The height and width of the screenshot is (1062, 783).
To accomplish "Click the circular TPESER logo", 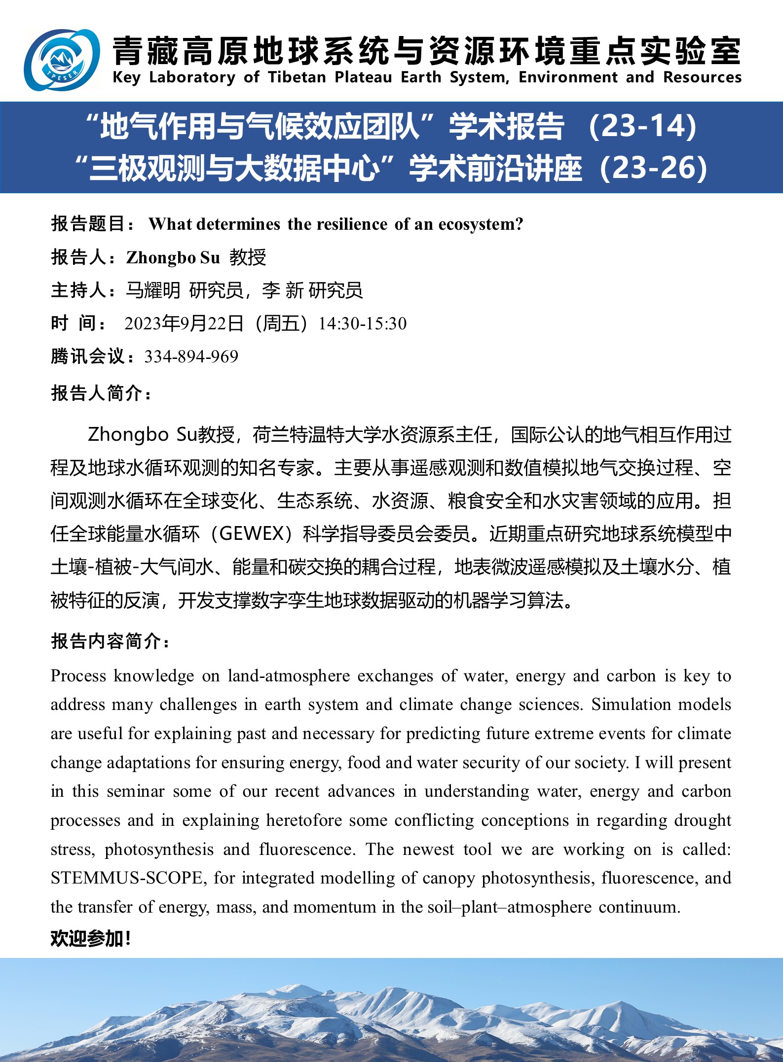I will tap(62, 60).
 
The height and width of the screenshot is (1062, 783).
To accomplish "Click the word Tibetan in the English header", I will tap(297, 77).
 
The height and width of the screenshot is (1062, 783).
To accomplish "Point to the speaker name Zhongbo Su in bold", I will tap(173, 257).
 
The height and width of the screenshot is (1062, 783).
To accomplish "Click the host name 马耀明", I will tap(153, 290).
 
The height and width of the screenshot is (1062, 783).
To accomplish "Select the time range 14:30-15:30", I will tap(363, 323).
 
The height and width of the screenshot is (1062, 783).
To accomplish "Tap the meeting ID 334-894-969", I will tap(191, 356).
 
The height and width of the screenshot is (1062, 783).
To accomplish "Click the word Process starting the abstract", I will tap(78, 676).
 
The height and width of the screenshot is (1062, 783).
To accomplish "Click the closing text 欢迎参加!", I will tap(91, 939).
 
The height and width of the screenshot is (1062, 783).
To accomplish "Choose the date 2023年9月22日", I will tap(184, 323).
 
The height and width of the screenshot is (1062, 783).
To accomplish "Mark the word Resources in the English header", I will tap(702, 77).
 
